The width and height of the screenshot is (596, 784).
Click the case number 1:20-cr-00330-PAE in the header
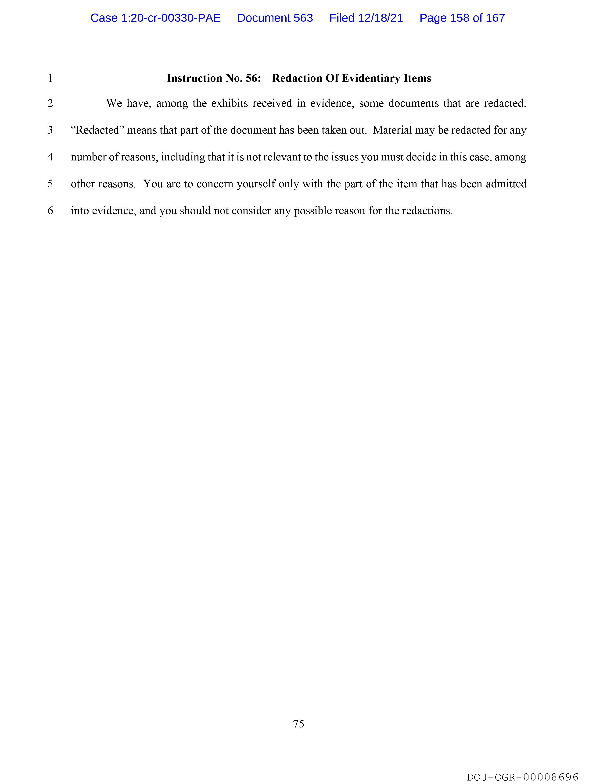171,18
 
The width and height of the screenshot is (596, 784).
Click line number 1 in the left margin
50,78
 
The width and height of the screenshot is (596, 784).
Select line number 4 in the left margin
50,157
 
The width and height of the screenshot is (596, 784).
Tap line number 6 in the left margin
50,211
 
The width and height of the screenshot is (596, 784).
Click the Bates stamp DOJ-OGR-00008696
523,777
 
